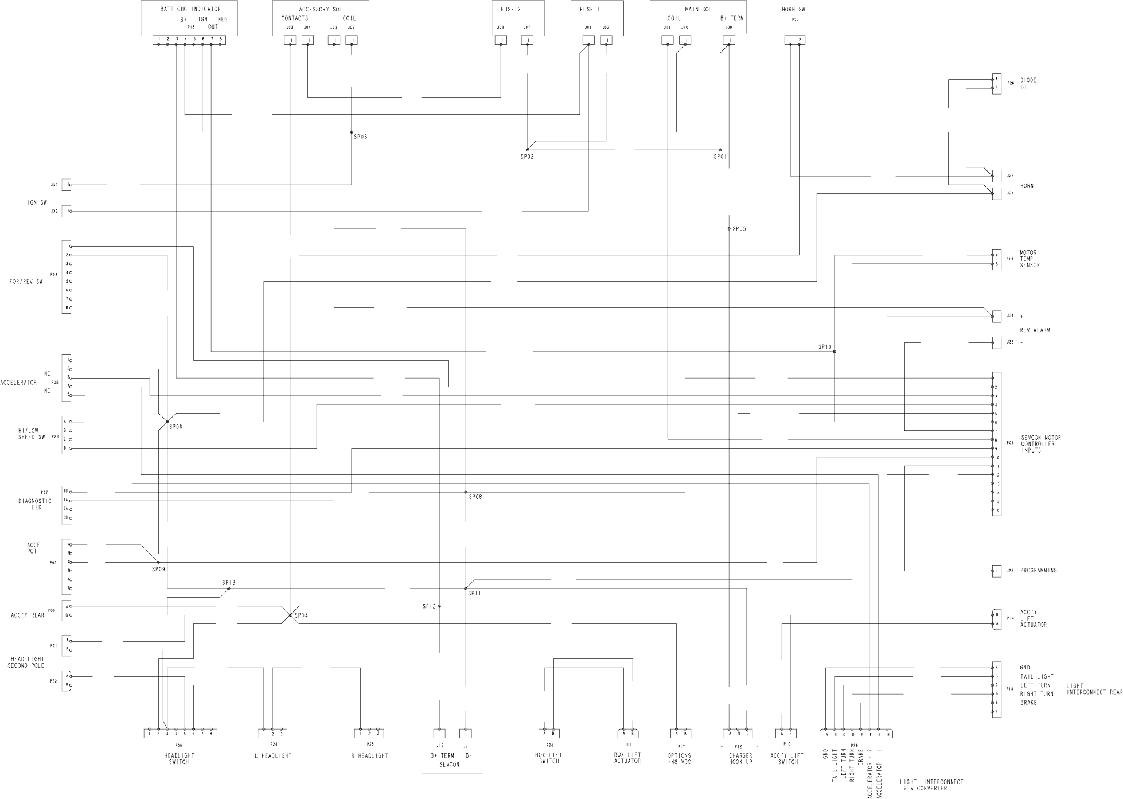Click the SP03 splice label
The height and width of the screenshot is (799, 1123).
click(360, 137)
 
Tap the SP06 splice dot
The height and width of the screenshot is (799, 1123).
click(167, 422)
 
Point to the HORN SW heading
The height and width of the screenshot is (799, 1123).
click(793, 10)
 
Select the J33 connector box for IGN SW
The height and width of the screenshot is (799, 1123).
click(67, 211)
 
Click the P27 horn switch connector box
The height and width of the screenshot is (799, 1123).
click(795, 40)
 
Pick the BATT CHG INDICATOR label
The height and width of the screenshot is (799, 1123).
click(190, 10)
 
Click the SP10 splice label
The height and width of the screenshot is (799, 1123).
click(825, 347)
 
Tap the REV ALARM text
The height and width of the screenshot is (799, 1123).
click(1035, 330)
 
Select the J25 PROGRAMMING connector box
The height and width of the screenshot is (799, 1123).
click(997, 571)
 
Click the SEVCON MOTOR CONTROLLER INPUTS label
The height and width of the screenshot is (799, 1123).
click(1041, 444)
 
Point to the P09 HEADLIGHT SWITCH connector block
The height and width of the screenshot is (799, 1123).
click(180, 733)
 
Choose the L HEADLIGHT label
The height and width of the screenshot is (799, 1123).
click(273, 756)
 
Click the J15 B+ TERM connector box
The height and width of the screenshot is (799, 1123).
click(439, 733)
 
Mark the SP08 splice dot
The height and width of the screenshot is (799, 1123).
click(466, 492)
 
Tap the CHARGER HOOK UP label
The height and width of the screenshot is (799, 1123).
click(740, 759)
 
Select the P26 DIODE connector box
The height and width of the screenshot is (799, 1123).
click(997, 84)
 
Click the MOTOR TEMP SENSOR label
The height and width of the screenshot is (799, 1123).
click(1029, 259)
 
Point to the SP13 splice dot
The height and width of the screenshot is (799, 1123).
click(228, 588)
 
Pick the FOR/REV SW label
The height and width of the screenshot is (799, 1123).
click(26, 282)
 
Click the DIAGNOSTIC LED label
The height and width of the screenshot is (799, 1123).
click(34, 504)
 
